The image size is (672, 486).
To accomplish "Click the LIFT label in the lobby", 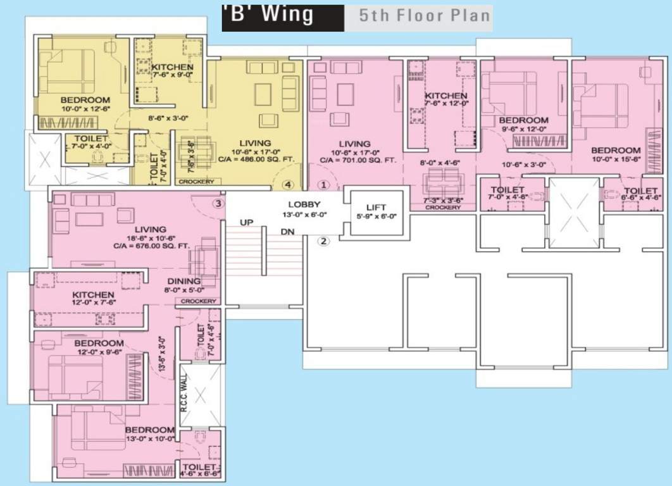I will pyautogui.click(x=375, y=208).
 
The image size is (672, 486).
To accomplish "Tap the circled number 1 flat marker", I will pyautogui.click(x=324, y=185).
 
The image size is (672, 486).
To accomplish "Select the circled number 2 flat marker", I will pyautogui.click(x=323, y=240).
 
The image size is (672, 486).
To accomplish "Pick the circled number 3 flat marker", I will pyautogui.click(x=218, y=204).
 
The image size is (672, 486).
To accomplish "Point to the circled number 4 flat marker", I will pyautogui.click(x=288, y=185).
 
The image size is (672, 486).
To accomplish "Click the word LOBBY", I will pyautogui.click(x=305, y=204).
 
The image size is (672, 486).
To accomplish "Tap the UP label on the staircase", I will pyautogui.click(x=247, y=223).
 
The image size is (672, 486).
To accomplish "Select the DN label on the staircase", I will pyautogui.click(x=288, y=232).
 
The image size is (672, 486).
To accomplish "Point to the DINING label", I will pyautogui.click(x=184, y=281).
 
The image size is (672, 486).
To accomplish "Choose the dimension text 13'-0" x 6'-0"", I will pyautogui.click(x=305, y=214).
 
